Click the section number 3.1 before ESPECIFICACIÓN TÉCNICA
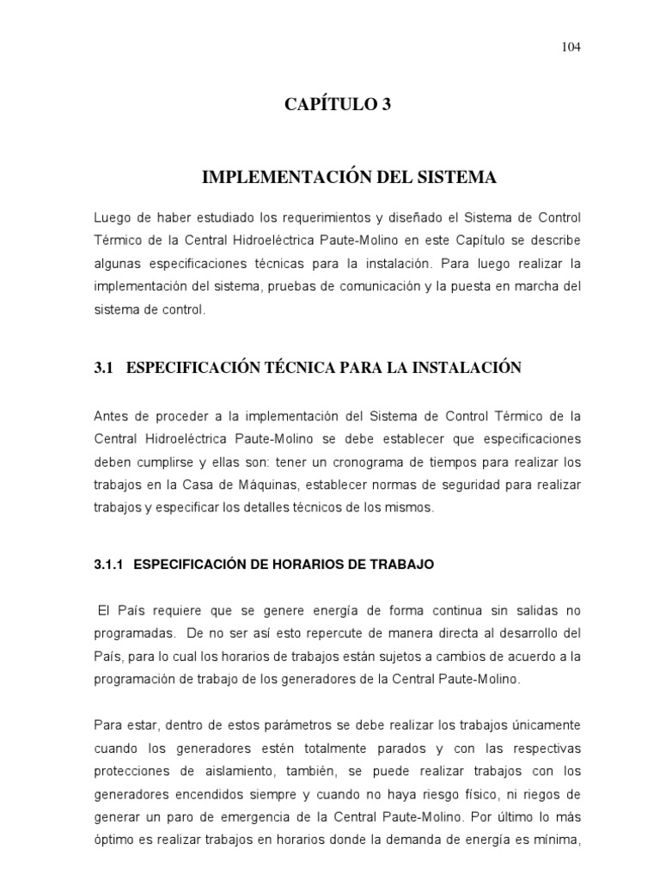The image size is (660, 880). pyautogui.click(x=103, y=368)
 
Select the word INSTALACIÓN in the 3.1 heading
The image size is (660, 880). pyautogui.click(x=466, y=368)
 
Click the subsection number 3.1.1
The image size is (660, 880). pyautogui.click(x=109, y=565)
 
